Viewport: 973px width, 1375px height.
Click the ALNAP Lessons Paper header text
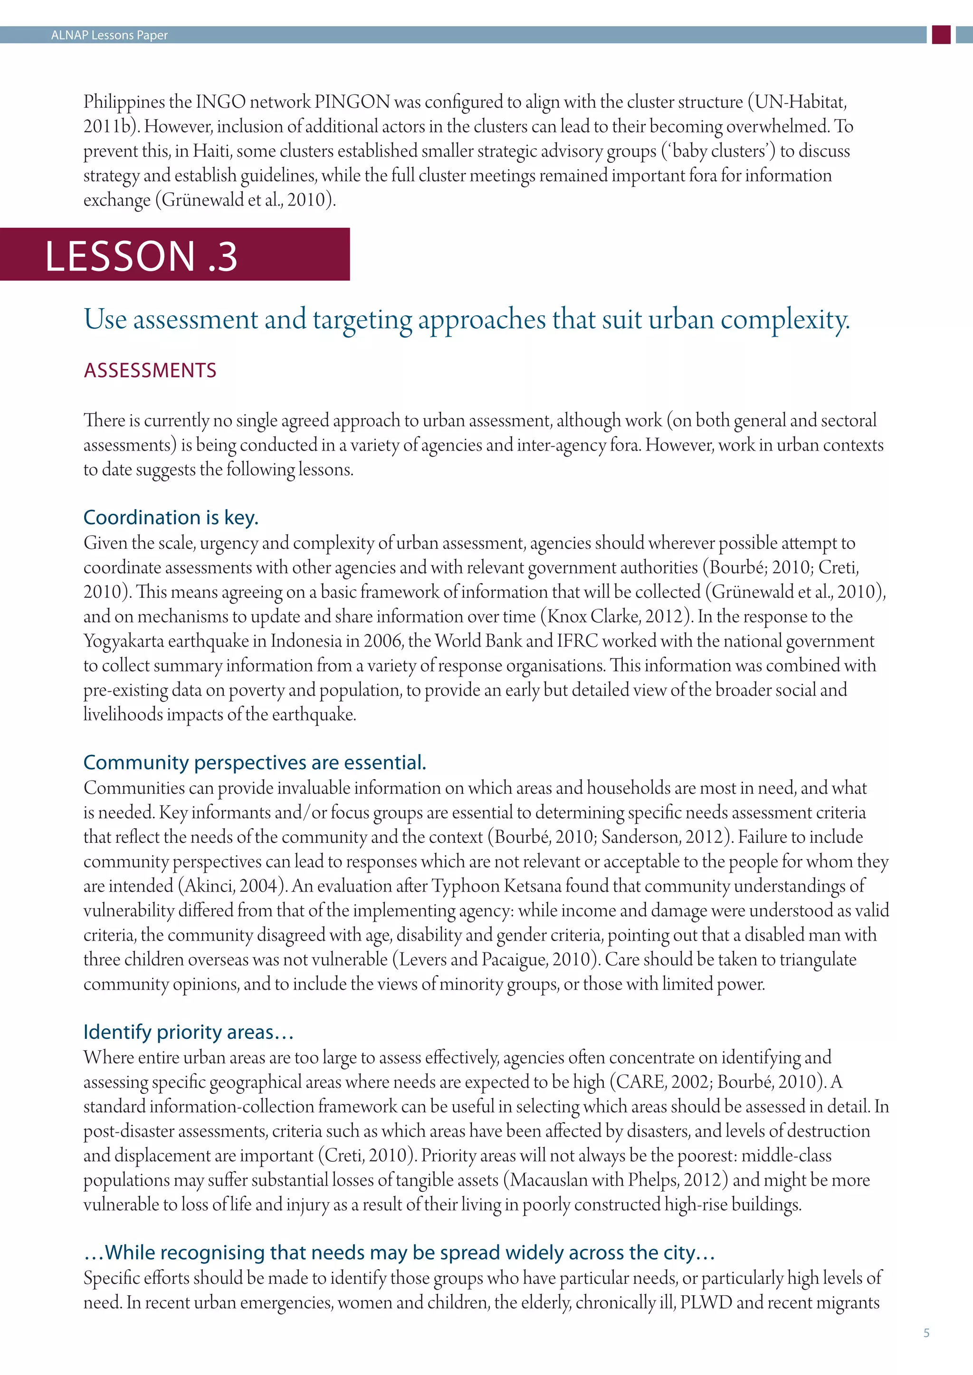pyautogui.click(x=109, y=35)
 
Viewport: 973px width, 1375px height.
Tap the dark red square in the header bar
pyautogui.click(x=941, y=35)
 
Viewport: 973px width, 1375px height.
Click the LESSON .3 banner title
pyautogui.click(x=142, y=256)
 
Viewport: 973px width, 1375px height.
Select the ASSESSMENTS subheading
pyautogui.click(x=150, y=371)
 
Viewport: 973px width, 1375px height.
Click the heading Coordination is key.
pyautogui.click(x=171, y=518)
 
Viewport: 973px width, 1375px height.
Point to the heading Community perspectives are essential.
pyautogui.click(x=255, y=763)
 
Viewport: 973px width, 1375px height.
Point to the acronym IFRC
pyautogui.click(x=577, y=641)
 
